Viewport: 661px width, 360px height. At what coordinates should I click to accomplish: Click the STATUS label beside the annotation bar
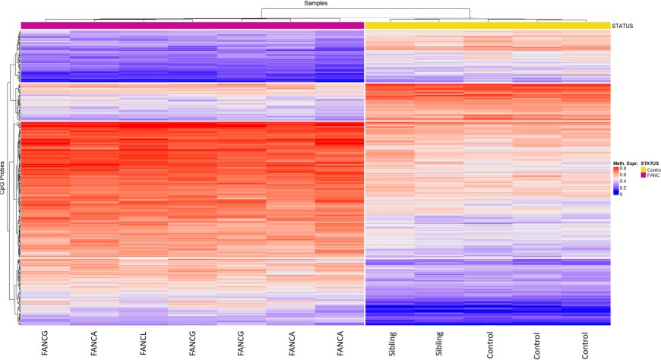tap(622, 26)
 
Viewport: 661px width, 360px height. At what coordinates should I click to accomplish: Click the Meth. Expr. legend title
tap(625, 163)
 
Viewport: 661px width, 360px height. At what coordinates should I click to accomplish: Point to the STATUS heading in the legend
tap(650, 163)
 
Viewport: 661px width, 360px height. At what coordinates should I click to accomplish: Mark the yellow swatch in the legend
tap(643, 169)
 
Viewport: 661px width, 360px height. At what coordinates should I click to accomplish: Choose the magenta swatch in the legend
tap(643, 175)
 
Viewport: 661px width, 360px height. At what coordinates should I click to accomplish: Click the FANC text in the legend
tap(652, 175)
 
